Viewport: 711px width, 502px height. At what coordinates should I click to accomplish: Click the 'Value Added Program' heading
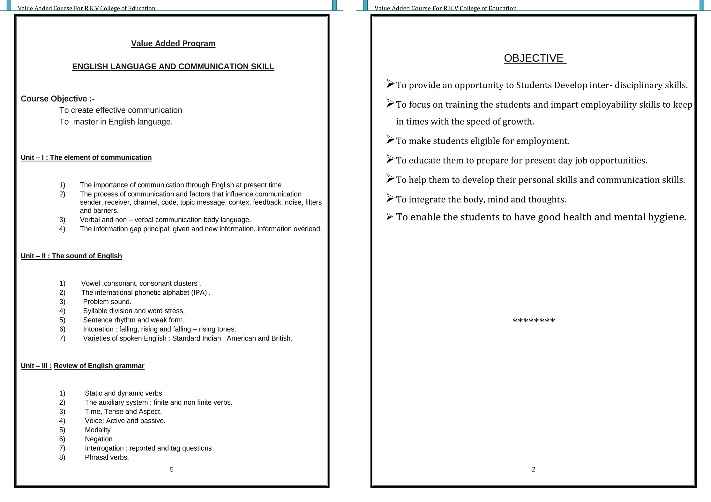173,43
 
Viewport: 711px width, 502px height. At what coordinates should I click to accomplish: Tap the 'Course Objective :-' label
57,99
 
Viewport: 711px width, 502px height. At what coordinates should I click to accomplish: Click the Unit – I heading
86,157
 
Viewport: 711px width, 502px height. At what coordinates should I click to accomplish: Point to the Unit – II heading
71,256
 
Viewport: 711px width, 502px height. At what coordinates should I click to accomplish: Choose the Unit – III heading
82,366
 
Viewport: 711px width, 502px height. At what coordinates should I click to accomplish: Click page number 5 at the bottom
172,469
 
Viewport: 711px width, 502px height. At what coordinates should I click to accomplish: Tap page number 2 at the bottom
534,469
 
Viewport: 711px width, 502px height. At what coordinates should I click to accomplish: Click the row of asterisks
534,321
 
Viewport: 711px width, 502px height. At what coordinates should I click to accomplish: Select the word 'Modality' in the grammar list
98,430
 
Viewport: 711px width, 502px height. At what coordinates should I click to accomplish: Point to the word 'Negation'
99,439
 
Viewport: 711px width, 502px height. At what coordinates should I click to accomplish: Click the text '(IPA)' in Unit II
199,293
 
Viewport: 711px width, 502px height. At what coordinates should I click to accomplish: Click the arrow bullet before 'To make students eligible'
390,140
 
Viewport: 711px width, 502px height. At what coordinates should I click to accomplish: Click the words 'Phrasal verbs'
107,457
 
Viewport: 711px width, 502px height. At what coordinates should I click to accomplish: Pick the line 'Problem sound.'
107,302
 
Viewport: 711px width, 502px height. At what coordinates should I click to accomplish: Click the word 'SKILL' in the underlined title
262,66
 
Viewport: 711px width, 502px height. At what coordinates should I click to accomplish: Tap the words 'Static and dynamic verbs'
123,393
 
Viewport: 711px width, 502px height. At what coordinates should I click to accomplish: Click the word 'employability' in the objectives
609,105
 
